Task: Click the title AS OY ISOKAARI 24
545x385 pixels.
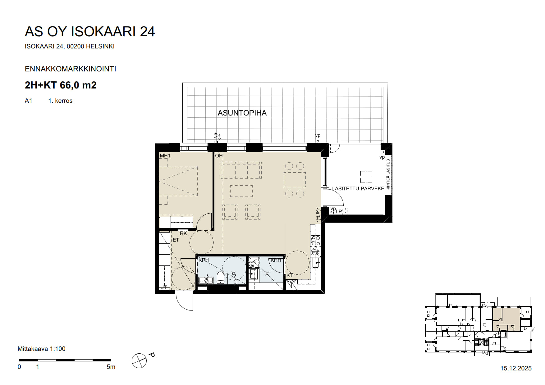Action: pos(89,32)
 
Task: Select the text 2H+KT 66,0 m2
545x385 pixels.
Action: pos(61,85)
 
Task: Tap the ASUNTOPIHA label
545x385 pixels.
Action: pos(242,113)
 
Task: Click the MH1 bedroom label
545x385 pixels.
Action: pos(165,156)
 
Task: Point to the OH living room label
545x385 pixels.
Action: pos(219,156)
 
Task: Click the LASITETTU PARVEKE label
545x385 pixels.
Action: pos(358,188)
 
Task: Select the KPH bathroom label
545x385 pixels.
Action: pos(204,260)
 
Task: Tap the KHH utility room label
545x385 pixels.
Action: pos(276,260)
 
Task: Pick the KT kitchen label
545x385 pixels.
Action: pos(289,275)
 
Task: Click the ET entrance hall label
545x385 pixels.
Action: pos(176,240)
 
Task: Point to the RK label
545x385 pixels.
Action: pos(183,233)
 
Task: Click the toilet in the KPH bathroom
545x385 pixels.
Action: pos(220,278)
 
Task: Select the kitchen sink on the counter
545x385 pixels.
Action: pos(316,263)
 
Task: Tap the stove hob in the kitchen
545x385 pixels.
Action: pos(315,241)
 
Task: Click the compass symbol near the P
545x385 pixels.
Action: pos(139,361)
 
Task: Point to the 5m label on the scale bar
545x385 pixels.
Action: pos(111,367)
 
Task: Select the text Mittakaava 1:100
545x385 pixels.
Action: pos(41,349)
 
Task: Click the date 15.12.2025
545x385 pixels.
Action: pos(516,369)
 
